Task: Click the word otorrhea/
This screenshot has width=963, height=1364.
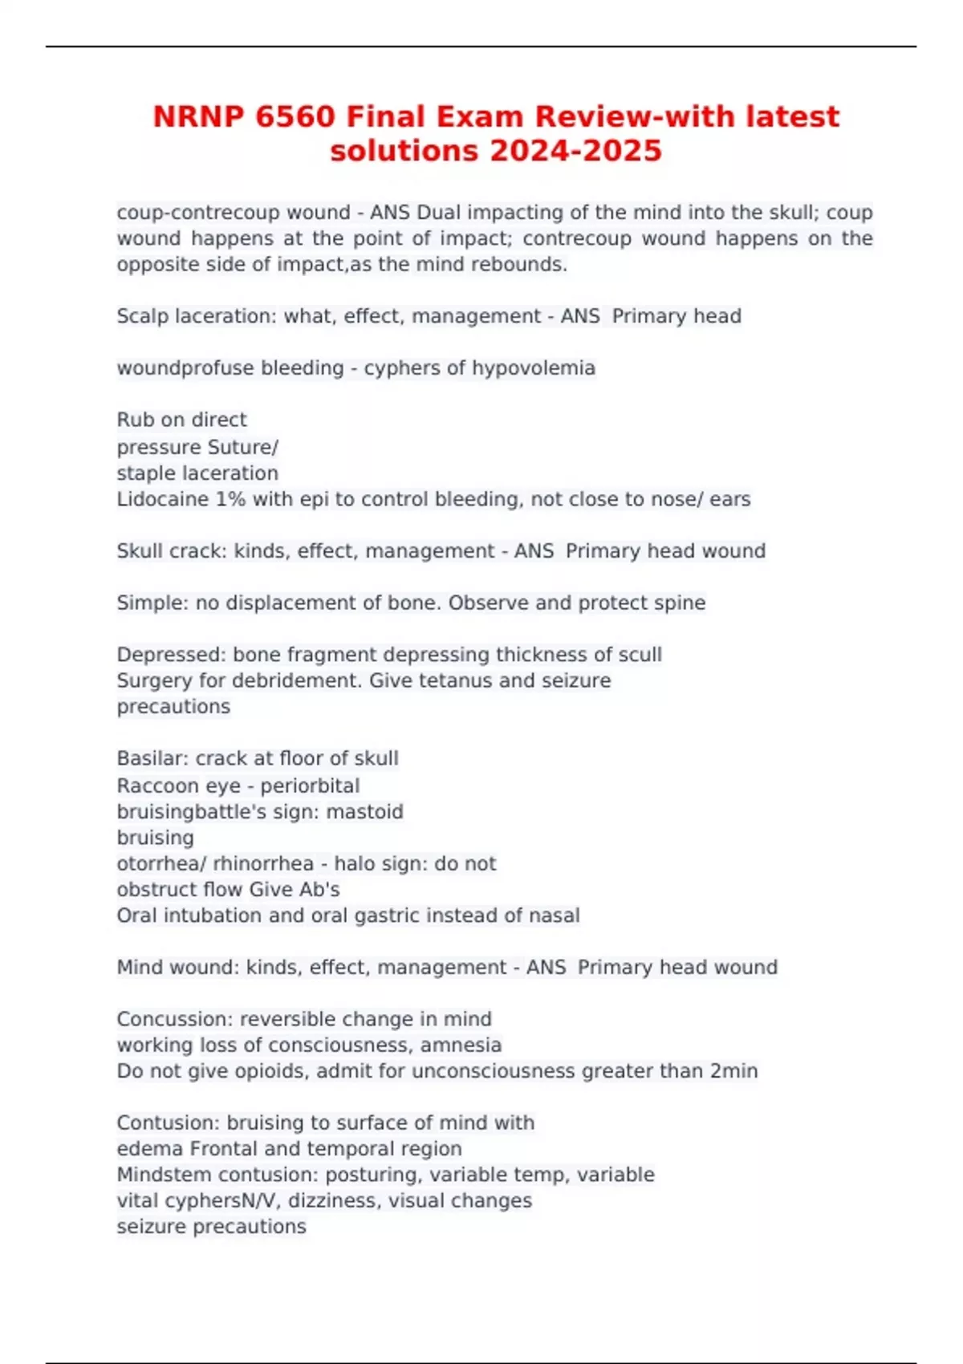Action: point(161,863)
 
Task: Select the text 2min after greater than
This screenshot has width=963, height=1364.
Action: point(733,1071)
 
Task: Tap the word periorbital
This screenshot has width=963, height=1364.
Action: point(310,786)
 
